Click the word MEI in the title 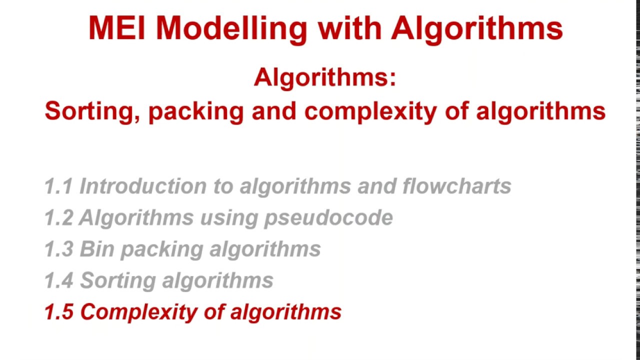click(x=117, y=28)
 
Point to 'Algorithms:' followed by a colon click(x=325, y=78)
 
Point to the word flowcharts click(x=456, y=186)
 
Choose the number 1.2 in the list click(x=58, y=217)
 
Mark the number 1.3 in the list click(x=58, y=249)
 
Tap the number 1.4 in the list click(x=58, y=280)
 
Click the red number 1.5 click(x=58, y=312)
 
